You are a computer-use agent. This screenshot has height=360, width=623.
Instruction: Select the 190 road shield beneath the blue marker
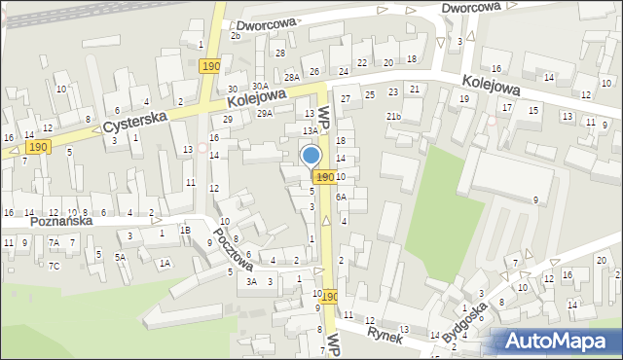coord(324,176)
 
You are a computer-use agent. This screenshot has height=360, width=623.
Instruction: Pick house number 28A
coord(291,77)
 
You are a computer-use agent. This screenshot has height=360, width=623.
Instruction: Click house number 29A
coord(265,114)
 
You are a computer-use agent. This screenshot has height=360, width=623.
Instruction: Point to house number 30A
coord(260,86)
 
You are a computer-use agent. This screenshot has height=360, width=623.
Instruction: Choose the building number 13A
coord(309,130)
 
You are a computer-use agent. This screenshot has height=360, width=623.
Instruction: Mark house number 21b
coord(393,117)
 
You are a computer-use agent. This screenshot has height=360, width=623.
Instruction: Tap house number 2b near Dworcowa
coord(235,35)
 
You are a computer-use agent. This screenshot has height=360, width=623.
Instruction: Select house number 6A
coord(341,197)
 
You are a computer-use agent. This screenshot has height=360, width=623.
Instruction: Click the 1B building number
coord(184,231)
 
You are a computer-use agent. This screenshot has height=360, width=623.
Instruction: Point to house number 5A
coord(120,258)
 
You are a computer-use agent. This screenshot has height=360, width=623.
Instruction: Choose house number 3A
coord(251,282)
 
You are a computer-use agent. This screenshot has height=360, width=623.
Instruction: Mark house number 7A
coord(55,242)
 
